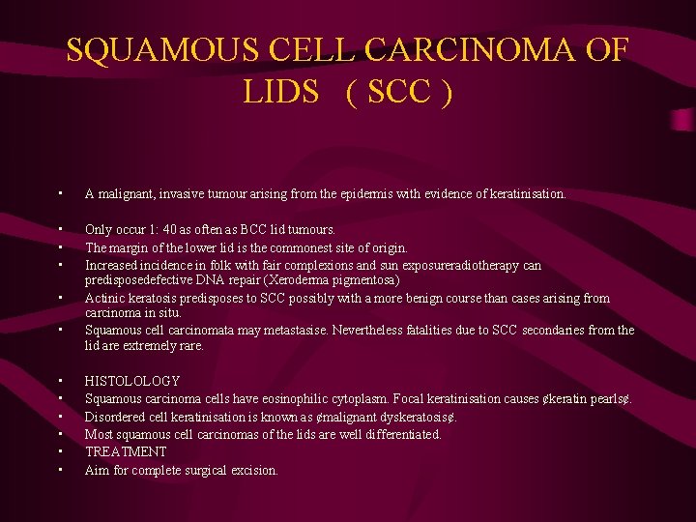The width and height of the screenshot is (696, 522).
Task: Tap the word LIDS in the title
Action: tap(281, 92)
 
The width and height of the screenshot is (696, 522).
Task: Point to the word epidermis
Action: tap(366, 194)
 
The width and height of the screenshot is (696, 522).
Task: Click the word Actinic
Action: tap(103, 298)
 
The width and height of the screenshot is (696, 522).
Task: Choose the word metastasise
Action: tap(290, 331)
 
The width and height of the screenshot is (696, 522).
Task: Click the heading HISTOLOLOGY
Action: tap(132, 381)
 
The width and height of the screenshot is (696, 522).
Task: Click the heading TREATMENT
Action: tap(126, 451)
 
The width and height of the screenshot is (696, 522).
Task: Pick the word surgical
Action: tap(213, 470)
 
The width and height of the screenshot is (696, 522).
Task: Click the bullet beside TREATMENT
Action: tap(60, 451)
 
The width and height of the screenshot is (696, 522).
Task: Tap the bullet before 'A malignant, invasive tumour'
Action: tap(60, 194)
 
